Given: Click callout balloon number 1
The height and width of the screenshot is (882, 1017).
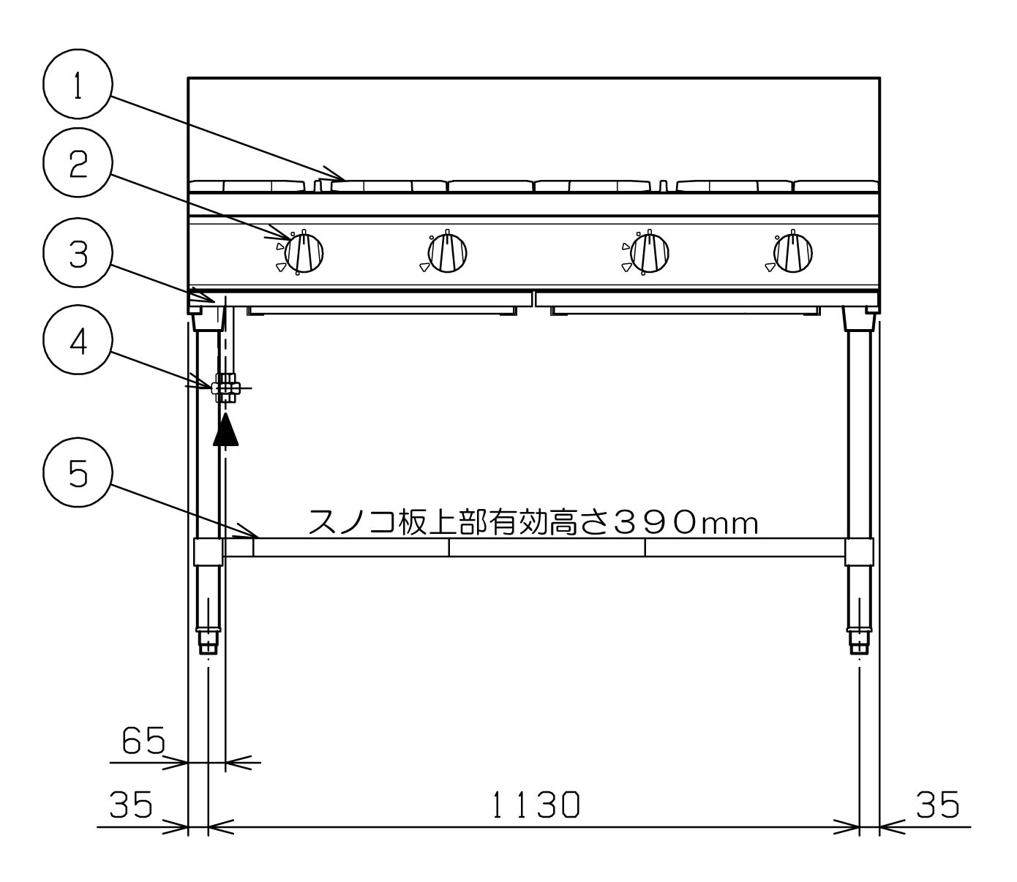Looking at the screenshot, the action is click(x=78, y=83).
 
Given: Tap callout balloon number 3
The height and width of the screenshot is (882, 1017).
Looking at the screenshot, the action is click(x=78, y=252).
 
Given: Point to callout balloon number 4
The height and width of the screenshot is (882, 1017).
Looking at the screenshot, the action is click(x=78, y=340).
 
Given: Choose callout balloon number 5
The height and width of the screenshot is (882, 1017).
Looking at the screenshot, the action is click(x=78, y=472).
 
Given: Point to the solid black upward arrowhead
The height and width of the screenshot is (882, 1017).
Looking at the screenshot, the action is click(x=225, y=429).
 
